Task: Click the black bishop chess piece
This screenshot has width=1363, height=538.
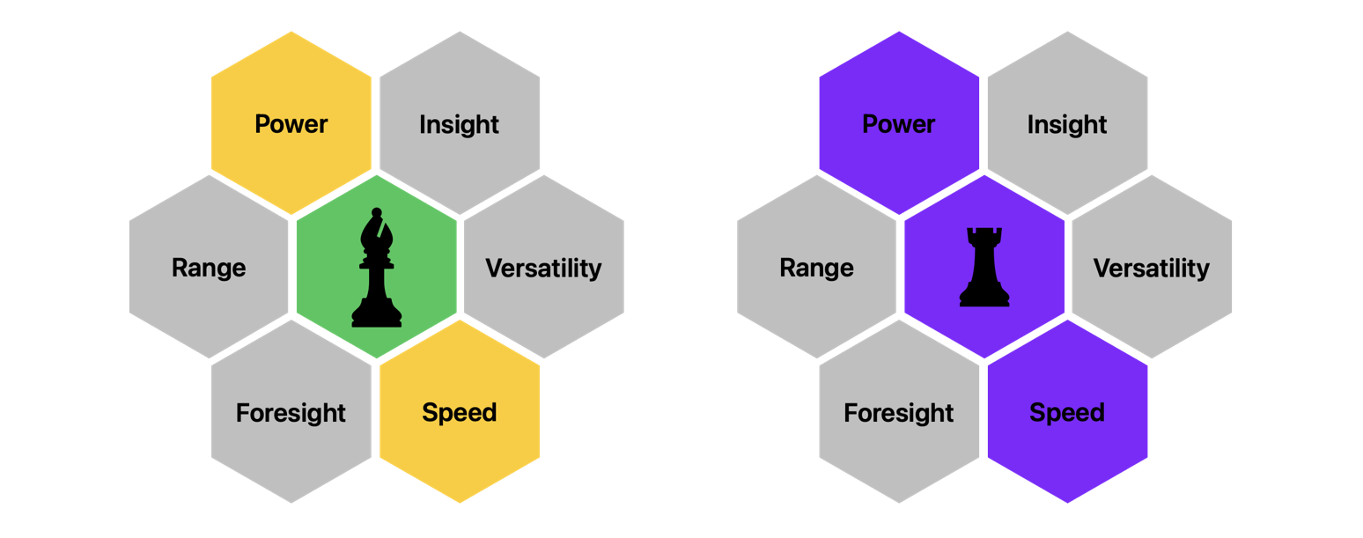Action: coord(376,269)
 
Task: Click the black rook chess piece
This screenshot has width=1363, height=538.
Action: coord(984,268)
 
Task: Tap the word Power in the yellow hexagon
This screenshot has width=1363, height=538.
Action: coord(291,124)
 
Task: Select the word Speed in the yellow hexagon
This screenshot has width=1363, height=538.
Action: coord(460,412)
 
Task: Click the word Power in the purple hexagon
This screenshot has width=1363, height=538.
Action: coord(899,124)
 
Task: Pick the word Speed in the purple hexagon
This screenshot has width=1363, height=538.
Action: coord(1067,412)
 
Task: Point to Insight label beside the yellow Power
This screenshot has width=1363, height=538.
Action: coord(460,125)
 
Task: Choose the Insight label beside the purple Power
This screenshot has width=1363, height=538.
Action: coord(1067,125)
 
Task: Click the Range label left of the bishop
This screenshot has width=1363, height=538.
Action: coord(209,268)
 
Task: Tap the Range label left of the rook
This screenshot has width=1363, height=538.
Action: coord(817,268)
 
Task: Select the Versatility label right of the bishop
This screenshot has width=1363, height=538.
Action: coord(543,268)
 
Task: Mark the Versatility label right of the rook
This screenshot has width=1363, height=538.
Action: coord(1152,268)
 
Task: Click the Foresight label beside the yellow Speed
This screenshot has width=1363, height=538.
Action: coord(291,413)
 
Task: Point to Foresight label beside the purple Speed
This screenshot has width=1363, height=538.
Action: coord(899,413)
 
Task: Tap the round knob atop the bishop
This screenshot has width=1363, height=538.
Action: coord(377,212)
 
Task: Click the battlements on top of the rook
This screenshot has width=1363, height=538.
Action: coord(984,236)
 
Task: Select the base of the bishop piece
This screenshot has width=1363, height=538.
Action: coord(377,318)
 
